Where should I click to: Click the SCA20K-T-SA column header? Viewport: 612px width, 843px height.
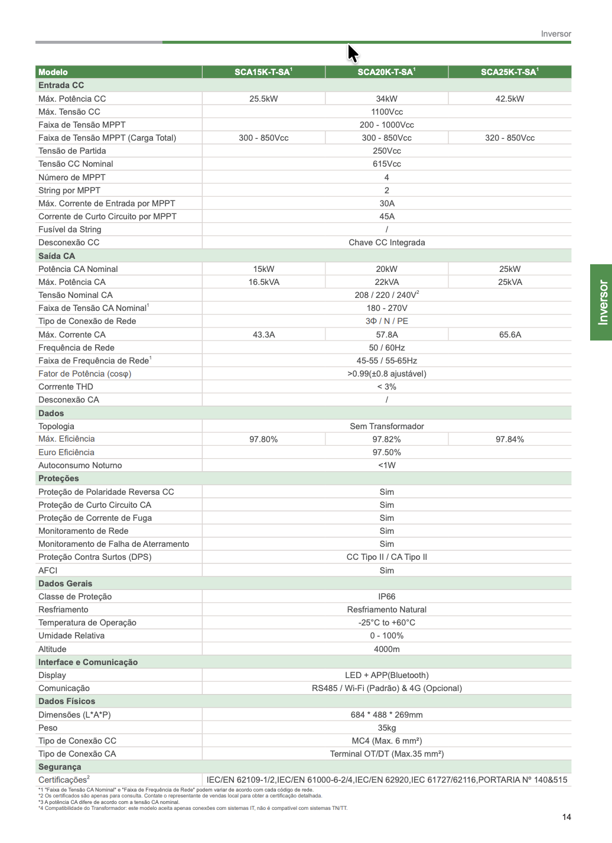pos(386,72)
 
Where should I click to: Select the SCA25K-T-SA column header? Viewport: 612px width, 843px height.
pos(509,72)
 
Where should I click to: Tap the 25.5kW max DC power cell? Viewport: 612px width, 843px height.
pos(263,99)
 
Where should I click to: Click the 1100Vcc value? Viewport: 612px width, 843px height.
pos(387,112)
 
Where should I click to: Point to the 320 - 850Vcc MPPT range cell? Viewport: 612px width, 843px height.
pos(510,138)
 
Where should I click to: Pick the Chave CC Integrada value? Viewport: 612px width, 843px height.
pos(387,242)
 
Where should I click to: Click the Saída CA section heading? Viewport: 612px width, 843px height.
pos(57,256)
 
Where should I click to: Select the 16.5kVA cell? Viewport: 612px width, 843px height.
pos(263,282)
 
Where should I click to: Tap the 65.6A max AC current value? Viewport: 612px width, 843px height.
pos(510,335)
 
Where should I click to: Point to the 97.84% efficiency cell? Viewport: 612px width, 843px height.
pos(510,439)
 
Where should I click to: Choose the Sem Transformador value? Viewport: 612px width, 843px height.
pos(387,426)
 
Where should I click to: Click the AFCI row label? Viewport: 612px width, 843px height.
pos(48,570)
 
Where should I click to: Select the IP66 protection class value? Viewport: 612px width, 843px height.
pos(387,596)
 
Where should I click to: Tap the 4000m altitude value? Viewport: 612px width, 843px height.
pos(387,649)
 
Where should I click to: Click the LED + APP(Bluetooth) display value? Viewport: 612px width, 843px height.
pos(387,675)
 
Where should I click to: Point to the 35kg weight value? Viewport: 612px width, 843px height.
pos(387,728)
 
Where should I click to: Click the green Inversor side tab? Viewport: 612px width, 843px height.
pos(602,302)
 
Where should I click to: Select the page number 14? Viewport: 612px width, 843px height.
pos(567,817)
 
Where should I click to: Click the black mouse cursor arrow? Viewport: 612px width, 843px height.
pos(352,53)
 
